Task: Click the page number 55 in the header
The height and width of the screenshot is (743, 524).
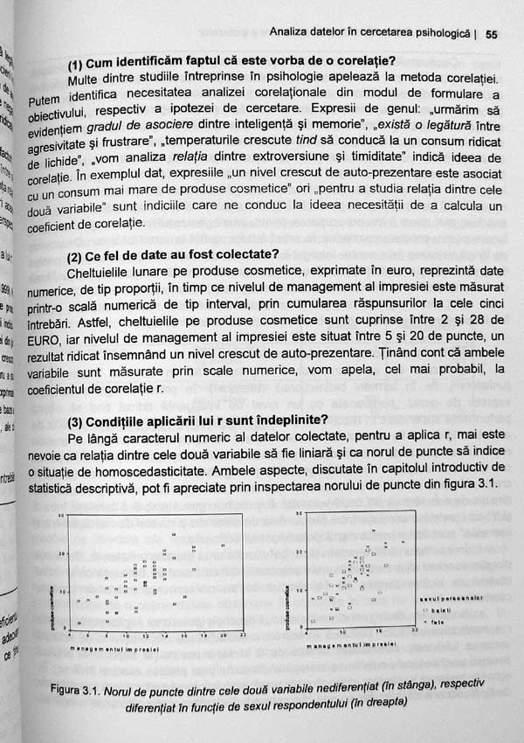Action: tap(491, 35)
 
